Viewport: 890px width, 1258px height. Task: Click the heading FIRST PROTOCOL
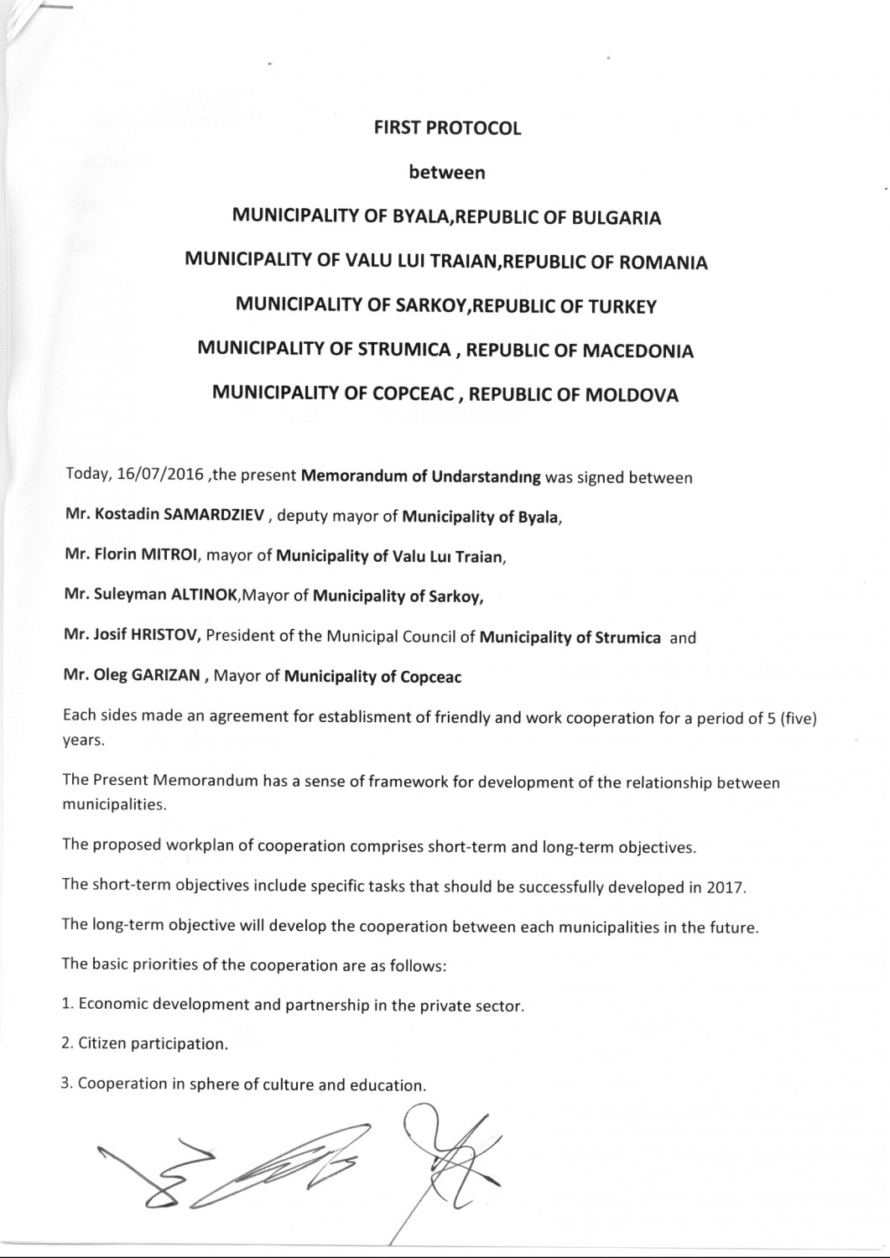tap(447, 128)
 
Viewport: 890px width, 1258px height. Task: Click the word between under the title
tap(447, 173)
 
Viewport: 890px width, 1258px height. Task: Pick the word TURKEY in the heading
tap(617, 307)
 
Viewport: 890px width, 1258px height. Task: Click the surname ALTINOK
tap(202, 595)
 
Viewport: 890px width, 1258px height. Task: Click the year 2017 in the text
tap(725, 889)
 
